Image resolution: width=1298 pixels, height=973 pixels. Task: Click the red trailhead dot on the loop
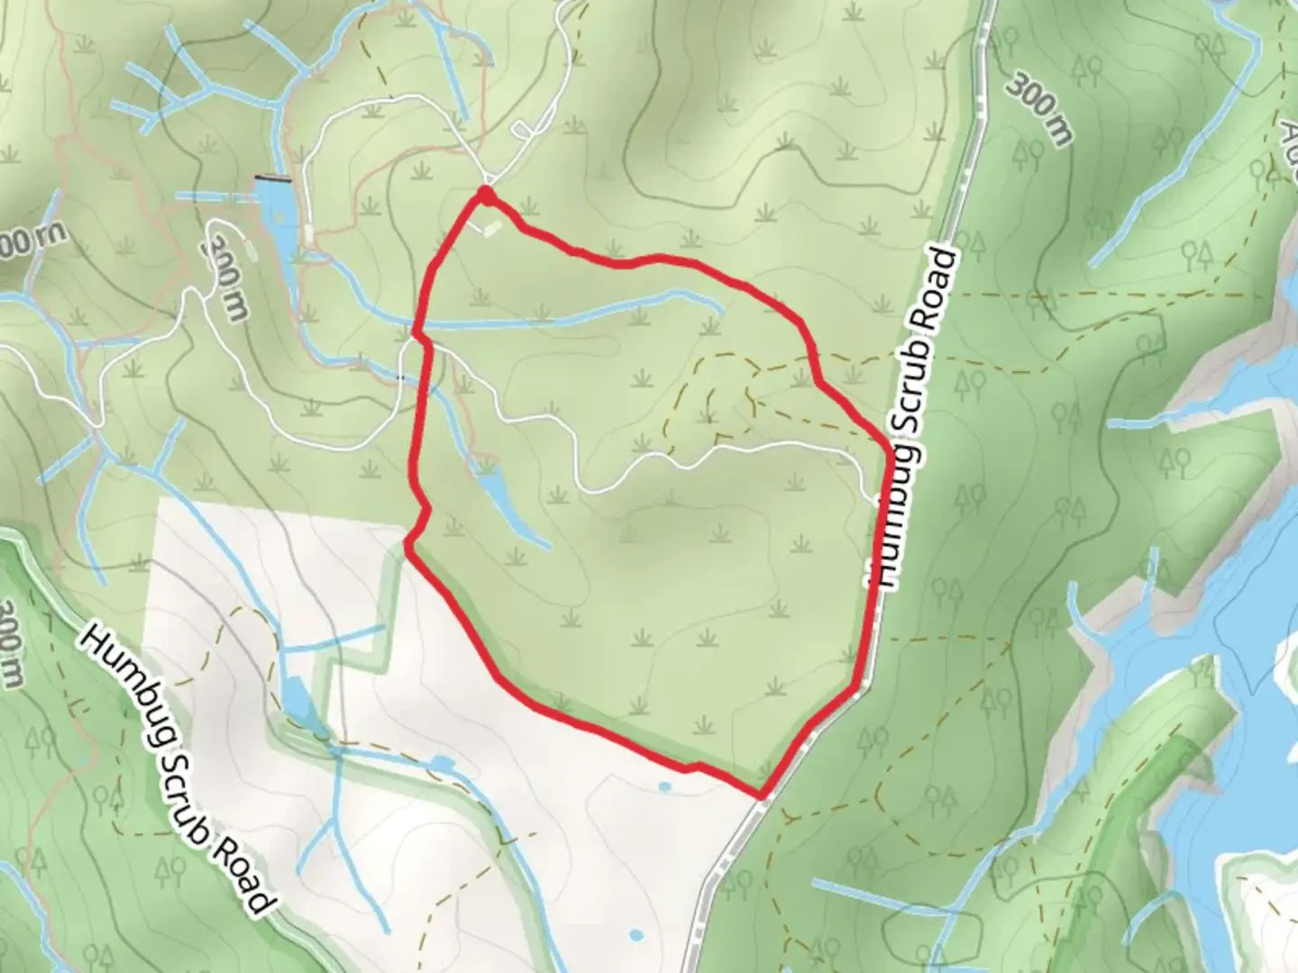485,194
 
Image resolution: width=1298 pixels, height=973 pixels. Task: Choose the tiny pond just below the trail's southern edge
665,787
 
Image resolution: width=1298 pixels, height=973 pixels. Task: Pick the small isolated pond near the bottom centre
637,935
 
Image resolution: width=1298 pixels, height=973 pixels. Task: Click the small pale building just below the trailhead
489,229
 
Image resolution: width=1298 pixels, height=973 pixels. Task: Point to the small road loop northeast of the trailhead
523,132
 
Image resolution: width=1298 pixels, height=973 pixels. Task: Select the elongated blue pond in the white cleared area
297,698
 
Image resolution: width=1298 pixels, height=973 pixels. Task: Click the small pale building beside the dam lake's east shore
310,233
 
